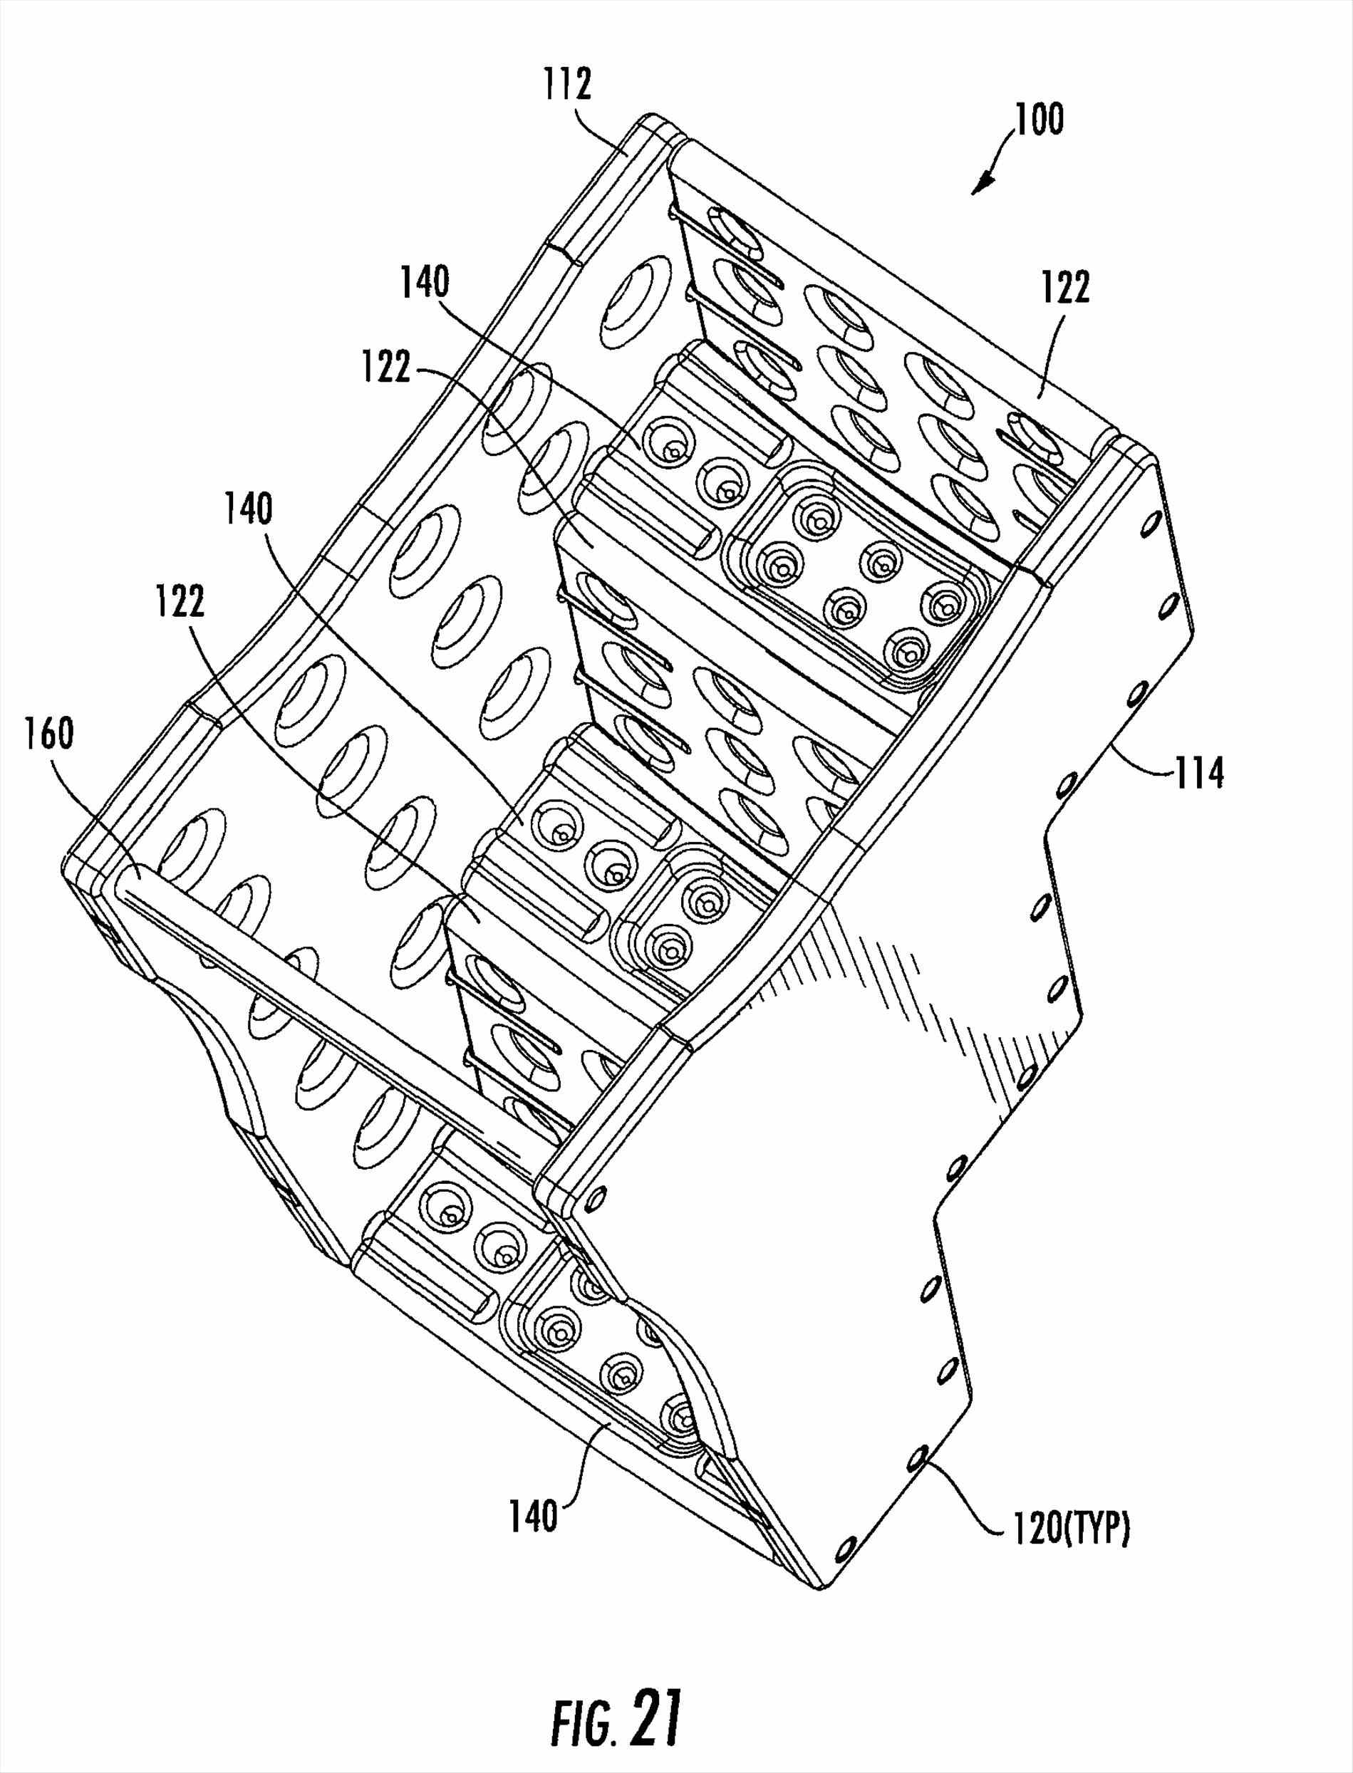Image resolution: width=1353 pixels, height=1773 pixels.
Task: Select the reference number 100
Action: pyautogui.click(x=1038, y=119)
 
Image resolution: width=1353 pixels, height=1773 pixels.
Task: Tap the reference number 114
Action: pyautogui.click(x=1199, y=774)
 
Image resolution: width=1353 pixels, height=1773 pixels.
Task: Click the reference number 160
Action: pyautogui.click(x=50, y=734)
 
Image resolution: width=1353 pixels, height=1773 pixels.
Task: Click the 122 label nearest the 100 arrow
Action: pyautogui.click(x=1064, y=288)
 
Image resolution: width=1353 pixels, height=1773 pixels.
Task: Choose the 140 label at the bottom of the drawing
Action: pyautogui.click(x=533, y=1515)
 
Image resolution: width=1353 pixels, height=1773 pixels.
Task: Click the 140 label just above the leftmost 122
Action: pyautogui.click(x=248, y=511)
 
